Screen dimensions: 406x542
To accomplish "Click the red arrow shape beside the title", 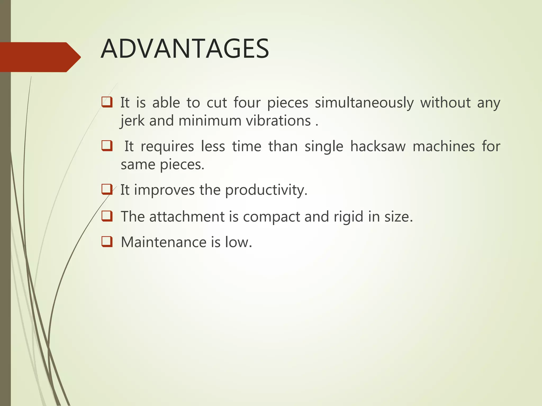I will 40,57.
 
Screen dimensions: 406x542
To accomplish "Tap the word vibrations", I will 278,121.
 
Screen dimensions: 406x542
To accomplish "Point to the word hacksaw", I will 378,146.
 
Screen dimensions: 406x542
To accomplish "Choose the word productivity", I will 266,190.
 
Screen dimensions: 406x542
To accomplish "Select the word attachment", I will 187,217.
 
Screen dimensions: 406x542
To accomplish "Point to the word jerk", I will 132,121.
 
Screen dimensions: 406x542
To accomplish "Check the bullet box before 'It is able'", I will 107,102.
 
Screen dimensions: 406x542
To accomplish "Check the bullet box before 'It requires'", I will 107,146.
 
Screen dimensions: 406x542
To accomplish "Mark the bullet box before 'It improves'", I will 107,189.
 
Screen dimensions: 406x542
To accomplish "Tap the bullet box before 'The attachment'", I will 107,216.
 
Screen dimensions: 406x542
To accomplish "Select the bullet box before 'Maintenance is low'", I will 107,242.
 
